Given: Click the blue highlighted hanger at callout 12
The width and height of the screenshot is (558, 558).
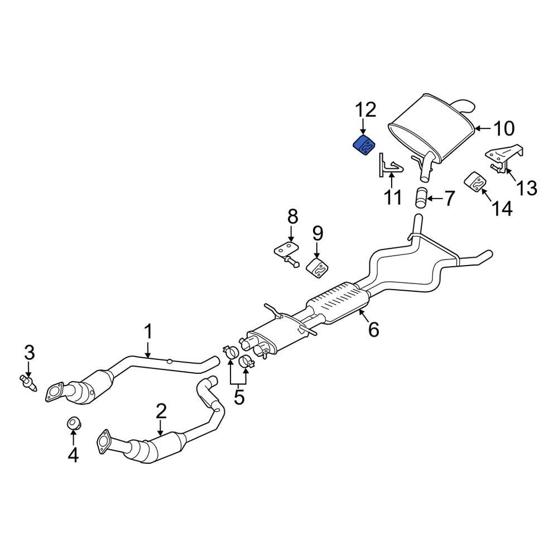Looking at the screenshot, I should [x=363, y=147].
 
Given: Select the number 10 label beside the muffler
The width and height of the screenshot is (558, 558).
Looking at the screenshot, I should [x=503, y=129].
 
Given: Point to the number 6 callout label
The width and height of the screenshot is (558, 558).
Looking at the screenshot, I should [x=373, y=330].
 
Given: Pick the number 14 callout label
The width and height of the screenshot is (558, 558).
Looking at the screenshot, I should [x=502, y=209].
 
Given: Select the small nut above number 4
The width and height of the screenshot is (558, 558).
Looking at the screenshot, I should [x=73, y=424].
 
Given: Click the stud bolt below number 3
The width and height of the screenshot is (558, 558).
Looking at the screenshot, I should [x=28, y=383].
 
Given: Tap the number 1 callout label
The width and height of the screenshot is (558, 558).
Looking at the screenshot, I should [x=148, y=333].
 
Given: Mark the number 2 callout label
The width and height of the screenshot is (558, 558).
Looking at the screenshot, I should [x=161, y=412].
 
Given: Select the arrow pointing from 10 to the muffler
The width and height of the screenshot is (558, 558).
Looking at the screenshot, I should [x=483, y=129].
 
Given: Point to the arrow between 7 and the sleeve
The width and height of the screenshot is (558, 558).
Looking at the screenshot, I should [x=435, y=197].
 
